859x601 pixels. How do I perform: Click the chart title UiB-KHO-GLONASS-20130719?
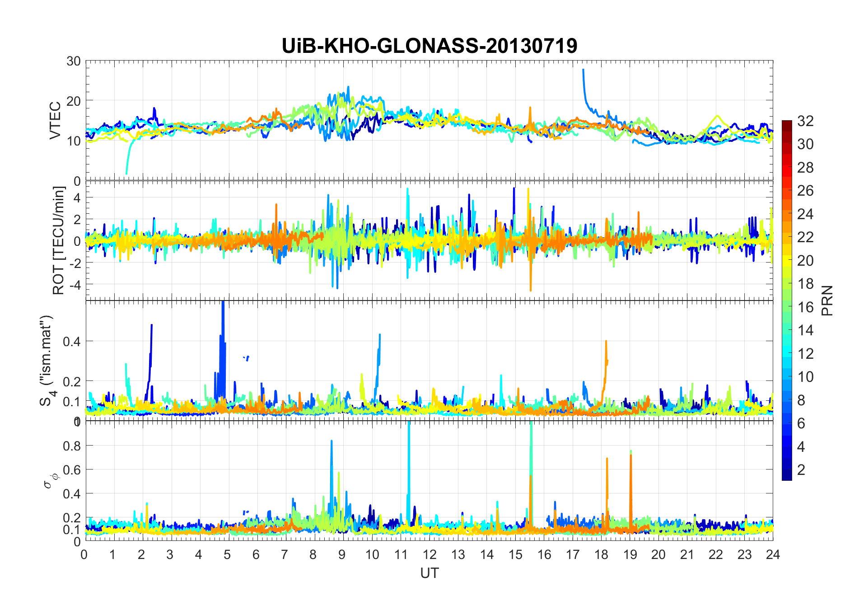click(x=429, y=46)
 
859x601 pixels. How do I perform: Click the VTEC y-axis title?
click(x=55, y=121)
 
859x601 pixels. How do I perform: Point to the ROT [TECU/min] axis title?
click(x=59, y=240)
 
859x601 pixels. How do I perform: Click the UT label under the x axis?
click(x=429, y=573)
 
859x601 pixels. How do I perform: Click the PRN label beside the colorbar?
click(x=827, y=300)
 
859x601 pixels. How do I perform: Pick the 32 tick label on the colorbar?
click(x=805, y=121)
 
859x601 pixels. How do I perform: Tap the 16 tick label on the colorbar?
click(x=805, y=307)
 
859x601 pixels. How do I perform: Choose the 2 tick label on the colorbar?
click(x=801, y=470)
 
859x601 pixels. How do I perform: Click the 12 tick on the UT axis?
click(x=429, y=554)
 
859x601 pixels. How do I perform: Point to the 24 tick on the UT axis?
click(x=773, y=554)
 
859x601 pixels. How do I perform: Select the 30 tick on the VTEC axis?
click(x=74, y=61)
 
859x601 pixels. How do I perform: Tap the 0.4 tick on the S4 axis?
click(x=72, y=342)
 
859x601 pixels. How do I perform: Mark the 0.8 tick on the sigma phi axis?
click(x=72, y=446)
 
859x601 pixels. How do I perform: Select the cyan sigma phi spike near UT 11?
click(x=409, y=452)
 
